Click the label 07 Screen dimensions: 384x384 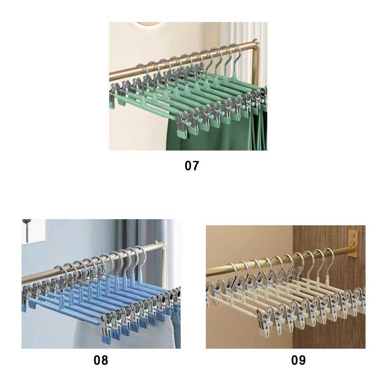[192, 166]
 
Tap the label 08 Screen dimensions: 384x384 [101, 360]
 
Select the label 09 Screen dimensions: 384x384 [298, 360]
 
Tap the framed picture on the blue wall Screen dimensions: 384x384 [34, 231]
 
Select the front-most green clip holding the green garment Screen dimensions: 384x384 [183, 126]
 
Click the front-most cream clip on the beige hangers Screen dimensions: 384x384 [266, 323]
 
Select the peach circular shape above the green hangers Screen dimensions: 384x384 [148, 24]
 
